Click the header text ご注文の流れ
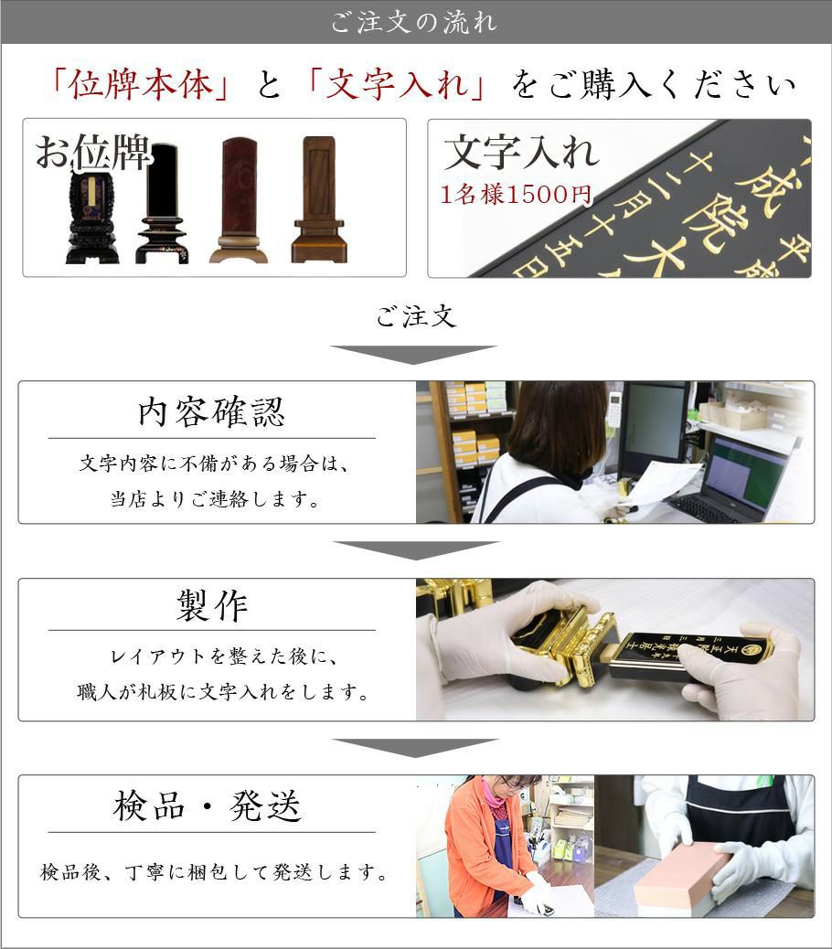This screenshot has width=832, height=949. (x=414, y=23)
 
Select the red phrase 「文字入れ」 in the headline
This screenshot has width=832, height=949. (x=397, y=84)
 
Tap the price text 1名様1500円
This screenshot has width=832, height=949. (x=516, y=194)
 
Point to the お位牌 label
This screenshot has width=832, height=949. (x=92, y=152)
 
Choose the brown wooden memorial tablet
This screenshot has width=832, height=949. (x=319, y=199)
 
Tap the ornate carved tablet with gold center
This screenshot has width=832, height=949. (x=92, y=219)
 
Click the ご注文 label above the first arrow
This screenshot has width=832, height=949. (x=416, y=316)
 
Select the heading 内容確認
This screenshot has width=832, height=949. (x=211, y=412)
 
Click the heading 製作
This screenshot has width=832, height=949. (x=212, y=605)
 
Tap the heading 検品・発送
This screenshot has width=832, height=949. (x=207, y=806)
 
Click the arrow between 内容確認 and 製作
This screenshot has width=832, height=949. (x=416, y=550)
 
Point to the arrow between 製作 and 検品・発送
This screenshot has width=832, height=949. (x=416, y=748)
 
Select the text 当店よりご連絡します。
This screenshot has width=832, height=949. (x=216, y=499)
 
